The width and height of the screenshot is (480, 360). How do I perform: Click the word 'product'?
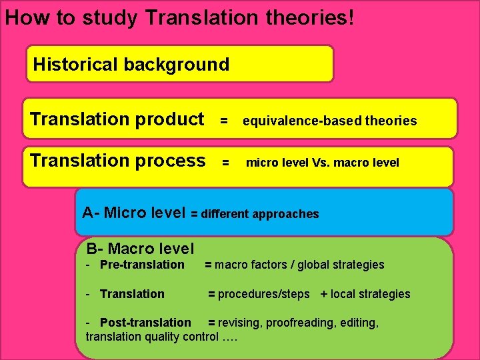[x=169, y=119]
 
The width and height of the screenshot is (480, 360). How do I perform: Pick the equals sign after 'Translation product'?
[x=225, y=121]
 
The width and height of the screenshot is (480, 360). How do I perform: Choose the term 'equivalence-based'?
[x=293, y=121]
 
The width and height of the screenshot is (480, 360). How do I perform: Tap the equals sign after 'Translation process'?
[x=225, y=163]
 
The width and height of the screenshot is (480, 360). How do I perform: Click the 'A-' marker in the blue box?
[x=91, y=213]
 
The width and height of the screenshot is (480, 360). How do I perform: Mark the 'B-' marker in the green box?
[x=95, y=249]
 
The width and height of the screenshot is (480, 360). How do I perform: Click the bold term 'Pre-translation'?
[x=142, y=265]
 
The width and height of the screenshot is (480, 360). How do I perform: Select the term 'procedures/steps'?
[x=263, y=294]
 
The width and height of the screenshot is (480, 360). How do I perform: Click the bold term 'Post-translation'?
[x=145, y=323]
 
